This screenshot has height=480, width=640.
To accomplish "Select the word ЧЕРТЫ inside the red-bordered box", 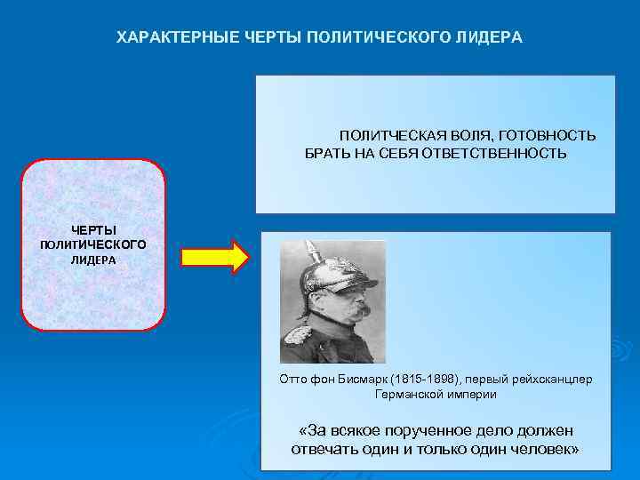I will [93, 230].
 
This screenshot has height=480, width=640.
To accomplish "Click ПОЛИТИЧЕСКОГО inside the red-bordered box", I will [93, 244].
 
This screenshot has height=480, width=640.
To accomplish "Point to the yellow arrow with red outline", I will [214, 257].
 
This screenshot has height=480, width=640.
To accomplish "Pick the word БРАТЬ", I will [329, 153].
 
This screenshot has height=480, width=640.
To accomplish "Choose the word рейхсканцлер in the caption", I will [547, 379].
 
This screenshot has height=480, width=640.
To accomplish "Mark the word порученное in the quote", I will [426, 430].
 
